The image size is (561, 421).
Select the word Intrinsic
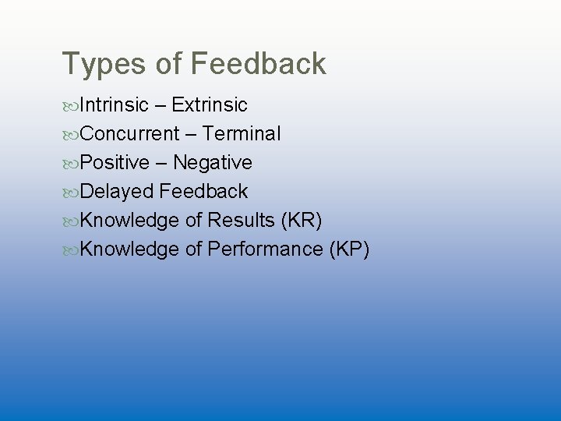114,105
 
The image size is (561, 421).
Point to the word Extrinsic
210,105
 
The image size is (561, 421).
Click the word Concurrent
129,134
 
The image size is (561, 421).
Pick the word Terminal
242,134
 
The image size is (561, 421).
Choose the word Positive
114,163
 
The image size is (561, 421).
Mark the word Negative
213,163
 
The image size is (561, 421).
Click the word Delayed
117,192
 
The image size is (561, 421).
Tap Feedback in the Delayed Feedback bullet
204,192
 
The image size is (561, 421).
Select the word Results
241,221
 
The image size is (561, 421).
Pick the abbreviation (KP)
349,249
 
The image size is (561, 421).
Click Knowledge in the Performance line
129,249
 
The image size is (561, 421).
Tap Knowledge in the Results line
129,221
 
